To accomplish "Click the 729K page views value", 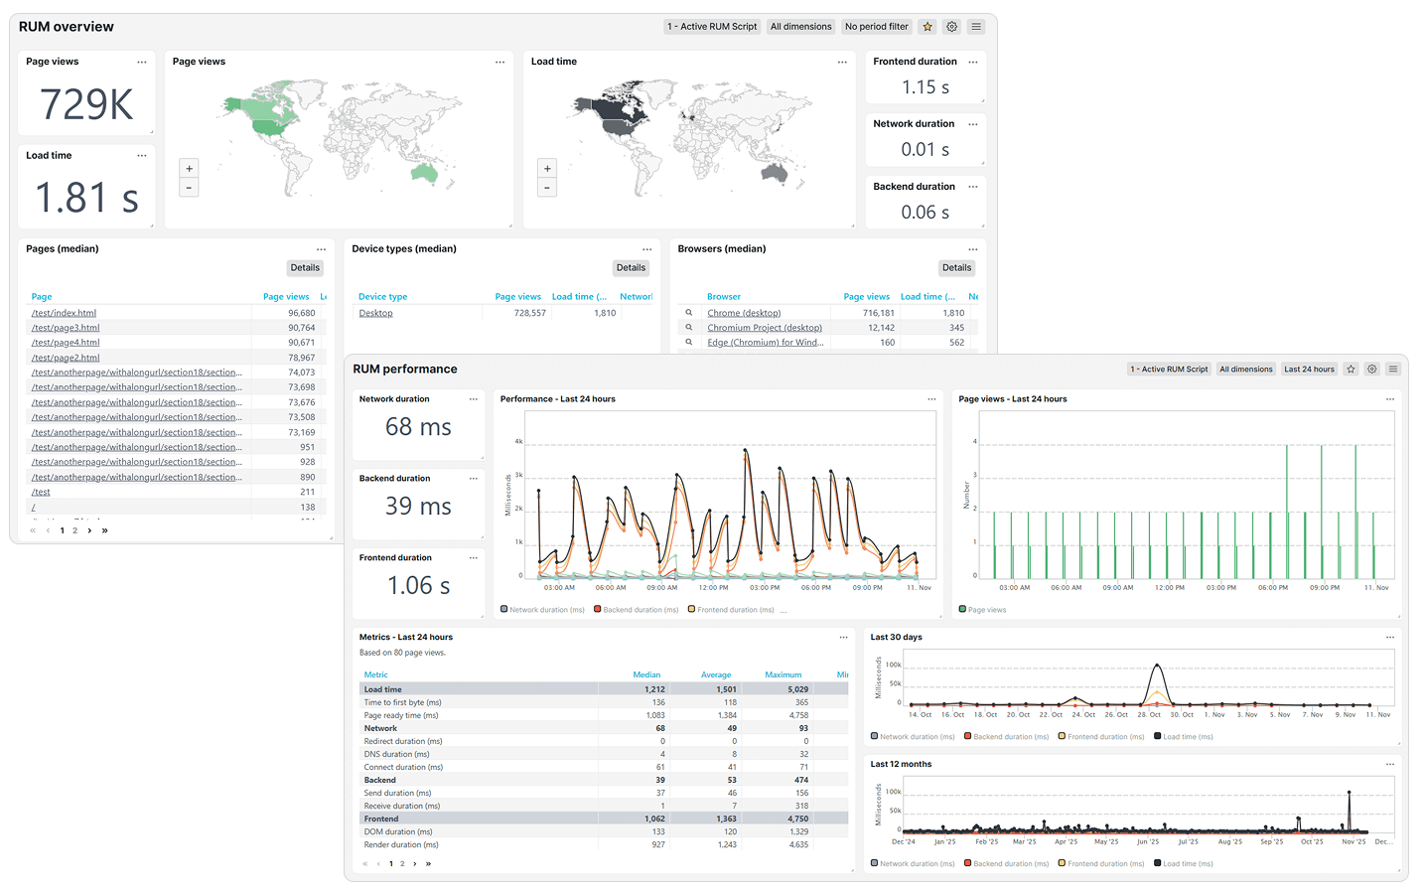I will [86, 104].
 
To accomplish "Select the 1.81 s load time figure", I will [86, 198].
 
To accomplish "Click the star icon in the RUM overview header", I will [927, 27].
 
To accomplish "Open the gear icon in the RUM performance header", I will [1371, 370].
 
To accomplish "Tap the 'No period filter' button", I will [876, 27].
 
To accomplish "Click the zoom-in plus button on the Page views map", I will [189, 169].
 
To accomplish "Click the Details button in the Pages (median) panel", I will [305, 268].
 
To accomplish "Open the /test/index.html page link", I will [64, 313].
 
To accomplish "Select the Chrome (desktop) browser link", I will [744, 313].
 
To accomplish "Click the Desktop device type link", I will [375, 313].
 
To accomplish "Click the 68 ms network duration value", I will [418, 427].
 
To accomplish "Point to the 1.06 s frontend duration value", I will [418, 586].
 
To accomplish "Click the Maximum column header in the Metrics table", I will [783, 674].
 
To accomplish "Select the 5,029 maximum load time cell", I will [797, 689].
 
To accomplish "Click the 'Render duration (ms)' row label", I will [400, 845].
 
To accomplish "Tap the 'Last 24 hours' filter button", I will [1309, 370].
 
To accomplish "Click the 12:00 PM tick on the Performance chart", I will [713, 588].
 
